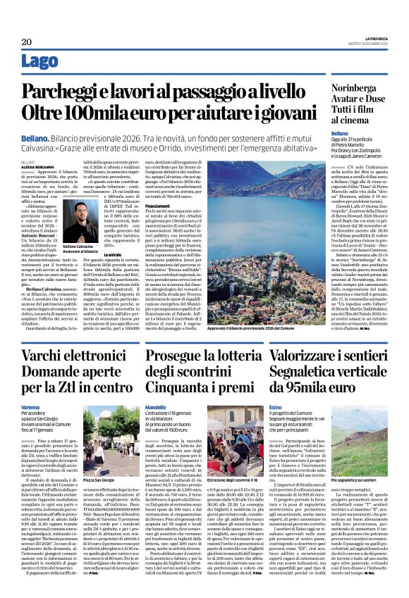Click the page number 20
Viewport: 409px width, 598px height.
coord(26,42)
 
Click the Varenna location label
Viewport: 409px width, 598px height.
coord(30,406)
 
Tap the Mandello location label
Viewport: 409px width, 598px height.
coord(157,406)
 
